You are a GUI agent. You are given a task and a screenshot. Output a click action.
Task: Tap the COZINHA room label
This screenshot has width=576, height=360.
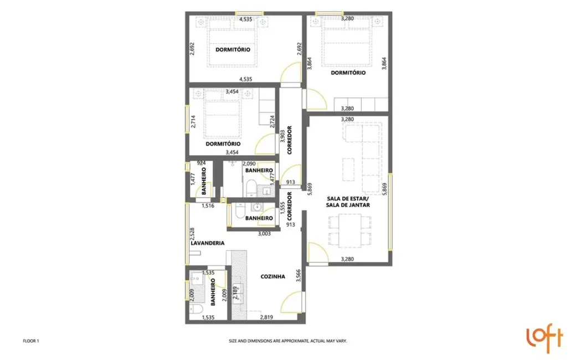(x=273, y=277)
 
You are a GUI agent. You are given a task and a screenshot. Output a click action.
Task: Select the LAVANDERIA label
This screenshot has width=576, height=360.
(x=207, y=243)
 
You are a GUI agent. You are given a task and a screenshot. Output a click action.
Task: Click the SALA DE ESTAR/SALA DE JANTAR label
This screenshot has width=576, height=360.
(x=348, y=201)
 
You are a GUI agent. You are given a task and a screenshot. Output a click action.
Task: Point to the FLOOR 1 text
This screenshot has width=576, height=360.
(x=30, y=341)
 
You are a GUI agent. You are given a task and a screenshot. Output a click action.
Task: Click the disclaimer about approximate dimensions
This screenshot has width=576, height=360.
(x=288, y=341)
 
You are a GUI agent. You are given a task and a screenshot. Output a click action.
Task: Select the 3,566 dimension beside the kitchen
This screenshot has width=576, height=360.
(x=299, y=275)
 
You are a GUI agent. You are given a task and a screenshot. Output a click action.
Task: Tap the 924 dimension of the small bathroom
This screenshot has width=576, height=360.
(x=202, y=163)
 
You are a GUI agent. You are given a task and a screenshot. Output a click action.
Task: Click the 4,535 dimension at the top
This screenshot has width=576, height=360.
(x=246, y=20)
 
